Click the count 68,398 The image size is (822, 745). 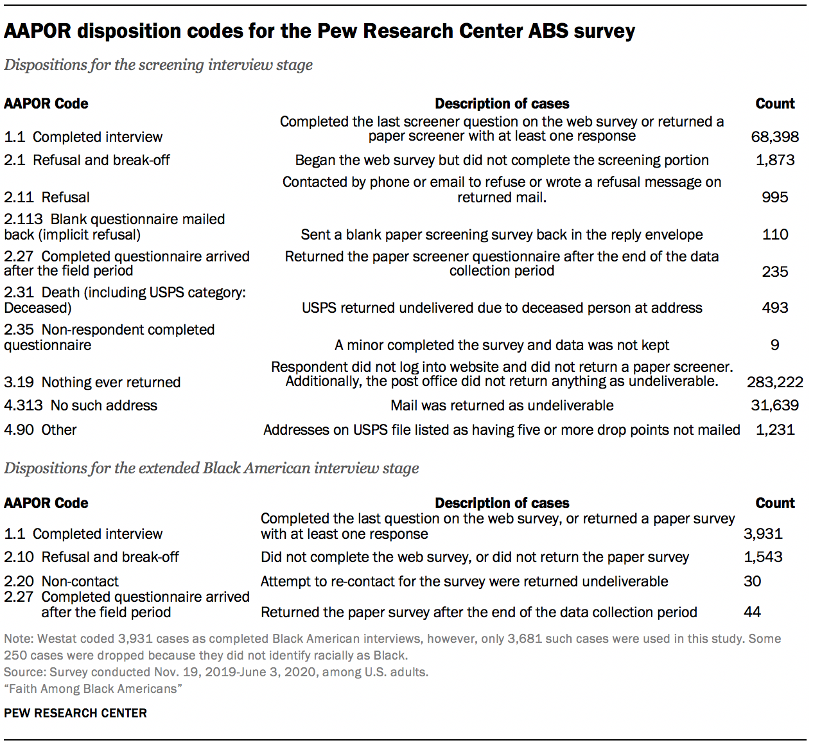(774, 137)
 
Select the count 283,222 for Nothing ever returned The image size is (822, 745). (774, 382)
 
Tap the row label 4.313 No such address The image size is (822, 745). (80, 405)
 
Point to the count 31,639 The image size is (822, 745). (774, 405)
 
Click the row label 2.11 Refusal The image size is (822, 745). (47, 197)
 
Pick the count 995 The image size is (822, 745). (774, 197)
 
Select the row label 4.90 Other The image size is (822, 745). (40, 430)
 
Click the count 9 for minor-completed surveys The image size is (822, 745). (774, 345)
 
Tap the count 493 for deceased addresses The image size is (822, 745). (774, 308)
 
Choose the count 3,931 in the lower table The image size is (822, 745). (763, 534)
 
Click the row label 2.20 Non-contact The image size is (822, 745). (61, 581)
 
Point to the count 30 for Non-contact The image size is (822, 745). (752, 581)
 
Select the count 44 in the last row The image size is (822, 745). (752, 612)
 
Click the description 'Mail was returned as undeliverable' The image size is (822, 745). (502, 405)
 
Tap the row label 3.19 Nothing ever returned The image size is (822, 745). (92, 382)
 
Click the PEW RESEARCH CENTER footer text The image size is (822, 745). (75, 713)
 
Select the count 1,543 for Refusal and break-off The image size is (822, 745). (763, 557)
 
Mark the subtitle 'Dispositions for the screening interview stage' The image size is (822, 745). (158, 65)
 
